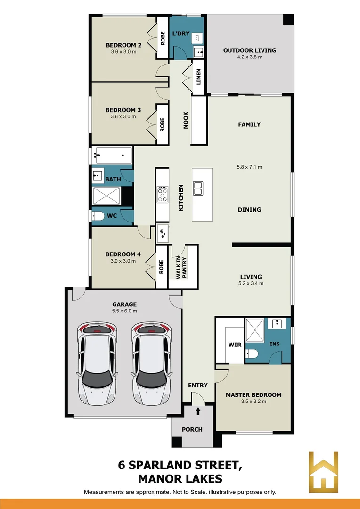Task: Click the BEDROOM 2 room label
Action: pos(124,45)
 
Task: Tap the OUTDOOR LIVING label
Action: pos(250,50)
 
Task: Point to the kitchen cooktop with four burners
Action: pos(162,194)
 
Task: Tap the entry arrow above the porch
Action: pos(198,411)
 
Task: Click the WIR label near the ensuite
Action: pos(235,345)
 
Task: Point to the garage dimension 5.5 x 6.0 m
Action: pos(124,311)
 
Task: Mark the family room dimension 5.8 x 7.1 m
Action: pos(249,167)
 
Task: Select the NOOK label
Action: pos(186,120)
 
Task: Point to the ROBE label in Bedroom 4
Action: pos(161,267)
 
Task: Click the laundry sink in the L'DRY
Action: pos(198,52)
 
